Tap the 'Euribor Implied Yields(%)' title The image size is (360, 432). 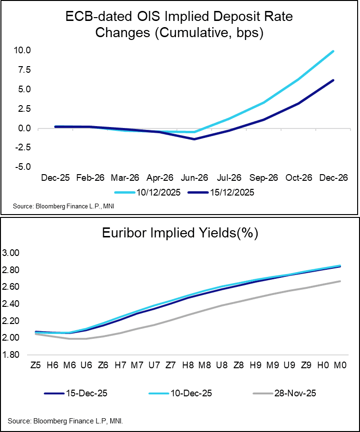coord(180,233)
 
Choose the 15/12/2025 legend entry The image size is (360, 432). coord(220,192)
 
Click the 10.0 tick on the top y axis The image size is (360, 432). coord(22,50)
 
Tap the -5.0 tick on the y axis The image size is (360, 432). coord(22,167)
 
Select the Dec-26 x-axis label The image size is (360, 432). coord(333,178)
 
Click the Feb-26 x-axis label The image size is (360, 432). coord(90,178)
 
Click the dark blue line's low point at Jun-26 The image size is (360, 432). coord(194,139)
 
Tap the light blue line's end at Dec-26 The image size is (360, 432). coord(333,51)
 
